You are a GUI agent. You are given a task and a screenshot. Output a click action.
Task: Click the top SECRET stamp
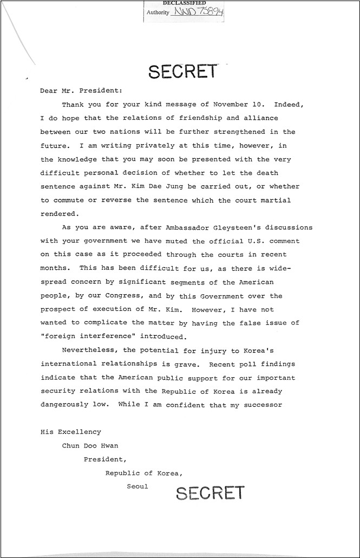(x=182, y=72)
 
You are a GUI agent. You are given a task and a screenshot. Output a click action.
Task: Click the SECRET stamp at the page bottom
(x=210, y=492)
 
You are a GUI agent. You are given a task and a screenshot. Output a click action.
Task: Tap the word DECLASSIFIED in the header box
(x=184, y=3)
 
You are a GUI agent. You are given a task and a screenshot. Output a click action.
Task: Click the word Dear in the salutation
(x=49, y=91)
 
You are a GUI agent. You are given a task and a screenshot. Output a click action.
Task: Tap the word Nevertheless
(x=86, y=351)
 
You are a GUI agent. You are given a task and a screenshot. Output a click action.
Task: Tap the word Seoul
(x=138, y=486)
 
